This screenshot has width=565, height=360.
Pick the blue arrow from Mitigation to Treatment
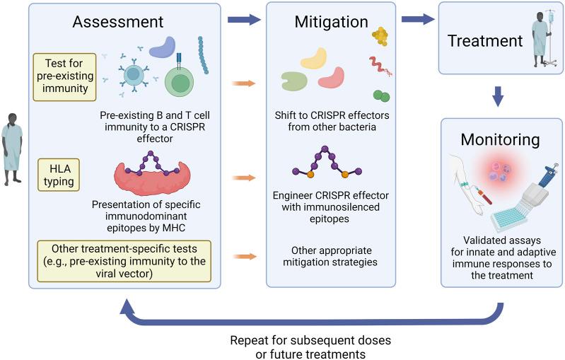pyautogui.click(x=417, y=21)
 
